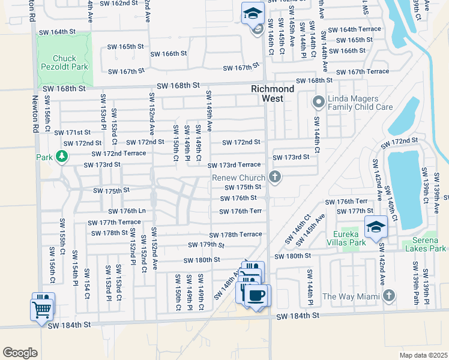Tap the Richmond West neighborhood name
pyautogui.click(x=273, y=94)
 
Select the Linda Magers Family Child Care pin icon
pyautogui.click(x=318, y=103)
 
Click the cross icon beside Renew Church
pyautogui.click(x=275, y=177)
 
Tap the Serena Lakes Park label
pyautogui.click(x=425, y=244)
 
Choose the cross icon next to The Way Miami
pyautogui.click(x=389, y=295)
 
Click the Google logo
pyautogui.click(x=20, y=352)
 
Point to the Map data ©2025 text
pyautogui.click(x=423, y=355)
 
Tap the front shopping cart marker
pyautogui.click(x=41, y=310)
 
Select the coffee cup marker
pyautogui.click(x=258, y=296)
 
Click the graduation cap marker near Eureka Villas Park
pyautogui.click(x=376, y=227)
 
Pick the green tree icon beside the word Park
pyautogui.click(x=61, y=157)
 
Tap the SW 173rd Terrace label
pyautogui.click(x=235, y=165)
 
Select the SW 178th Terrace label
pyautogui.click(x=235, y=234)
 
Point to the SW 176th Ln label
pyautogui.click(x=127, y=211)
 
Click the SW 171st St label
pyautogui.click(x=72, y=132)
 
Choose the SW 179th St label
pyautogui.click(x=206, y=245)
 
